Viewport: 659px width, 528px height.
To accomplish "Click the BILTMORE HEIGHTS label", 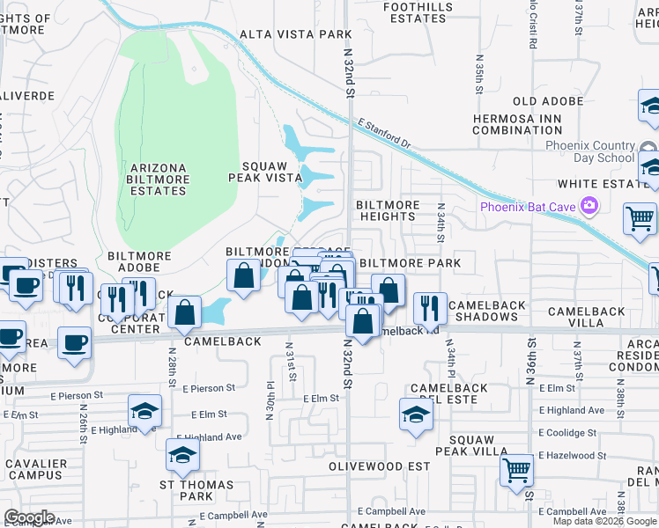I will (x=388, y=210).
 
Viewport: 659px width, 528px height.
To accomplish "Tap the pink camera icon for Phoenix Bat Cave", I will (x=589, y=207).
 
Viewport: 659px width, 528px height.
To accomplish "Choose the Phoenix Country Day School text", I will (x=578, y=151).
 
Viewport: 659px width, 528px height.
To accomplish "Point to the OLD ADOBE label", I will (x=548, y=101).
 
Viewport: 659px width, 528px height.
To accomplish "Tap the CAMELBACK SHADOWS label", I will (x=487, y=311).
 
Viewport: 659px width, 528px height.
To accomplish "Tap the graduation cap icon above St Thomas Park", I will (x=182, y=455).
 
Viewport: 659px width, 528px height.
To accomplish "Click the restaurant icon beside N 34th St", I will (x=430, y=307).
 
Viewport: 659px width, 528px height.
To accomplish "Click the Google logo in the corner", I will (x=29, y=517).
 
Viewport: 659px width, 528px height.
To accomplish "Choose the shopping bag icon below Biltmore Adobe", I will (x=185, y=312).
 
